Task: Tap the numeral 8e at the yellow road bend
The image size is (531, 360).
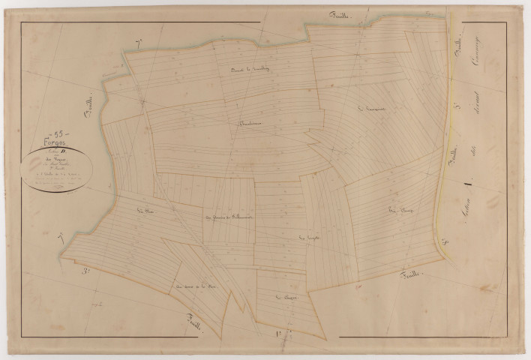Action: tap(445, 242)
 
